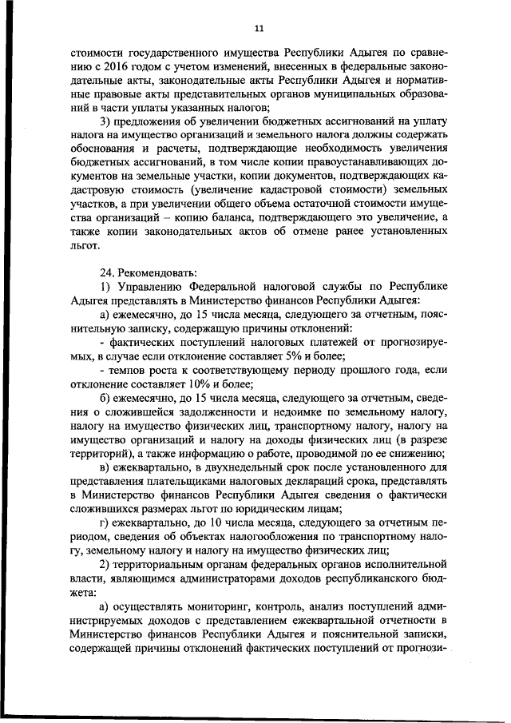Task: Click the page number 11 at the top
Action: pyautogui.click(x=258, y=29)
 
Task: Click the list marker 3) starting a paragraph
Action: pyautogui.click(x=104, y=121)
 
